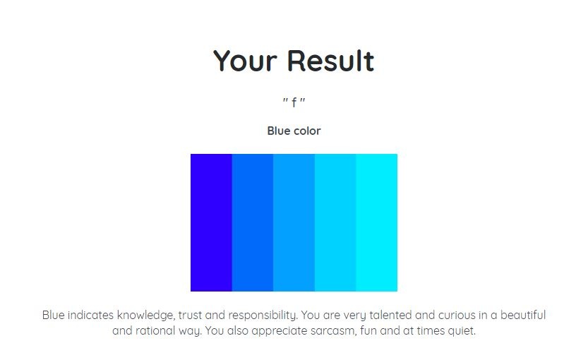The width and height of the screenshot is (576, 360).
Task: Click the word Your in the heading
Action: [245, 61]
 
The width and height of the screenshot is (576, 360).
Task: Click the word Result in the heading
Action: [330, 61]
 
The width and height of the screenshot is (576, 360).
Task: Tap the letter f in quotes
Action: [294, 102]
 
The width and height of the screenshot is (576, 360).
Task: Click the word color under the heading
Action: [308, 131]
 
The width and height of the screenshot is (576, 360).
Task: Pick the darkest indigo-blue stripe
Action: [211, 222]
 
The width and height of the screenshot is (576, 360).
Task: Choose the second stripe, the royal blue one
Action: [253, 222]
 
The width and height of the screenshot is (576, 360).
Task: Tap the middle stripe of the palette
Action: [294, 222]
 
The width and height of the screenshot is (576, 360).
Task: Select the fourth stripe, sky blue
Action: [335, 222]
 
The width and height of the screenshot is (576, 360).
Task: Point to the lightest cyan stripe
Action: [376, 222]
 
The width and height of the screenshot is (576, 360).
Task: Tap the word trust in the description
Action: [190, 316]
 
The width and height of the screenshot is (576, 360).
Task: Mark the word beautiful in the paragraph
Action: [523, 316]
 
